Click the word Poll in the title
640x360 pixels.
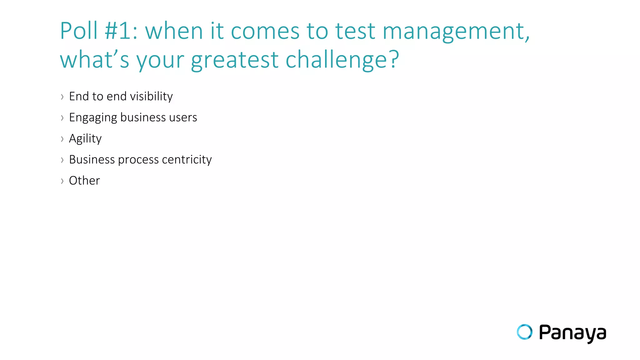click(x=79, y=31)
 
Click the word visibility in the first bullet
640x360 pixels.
click(x=151, y=97)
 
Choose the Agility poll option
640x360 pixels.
click(x=85, y=139)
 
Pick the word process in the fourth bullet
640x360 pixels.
click(x=138, y=160)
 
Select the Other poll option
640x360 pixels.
click(x=84, y=181)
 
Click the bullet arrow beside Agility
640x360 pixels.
click(x=62, y=139)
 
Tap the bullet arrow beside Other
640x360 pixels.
click(x=62, y=181)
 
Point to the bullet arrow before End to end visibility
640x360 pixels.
click(x=62, y=97)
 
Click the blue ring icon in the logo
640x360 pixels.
click(x=524, y=332)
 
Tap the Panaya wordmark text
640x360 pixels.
click(x=572, y=333)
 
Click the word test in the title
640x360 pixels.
click(x=355, y=31)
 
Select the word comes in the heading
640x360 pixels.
click(x=265, y=32)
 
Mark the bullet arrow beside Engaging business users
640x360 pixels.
click(x=62, y=118)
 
